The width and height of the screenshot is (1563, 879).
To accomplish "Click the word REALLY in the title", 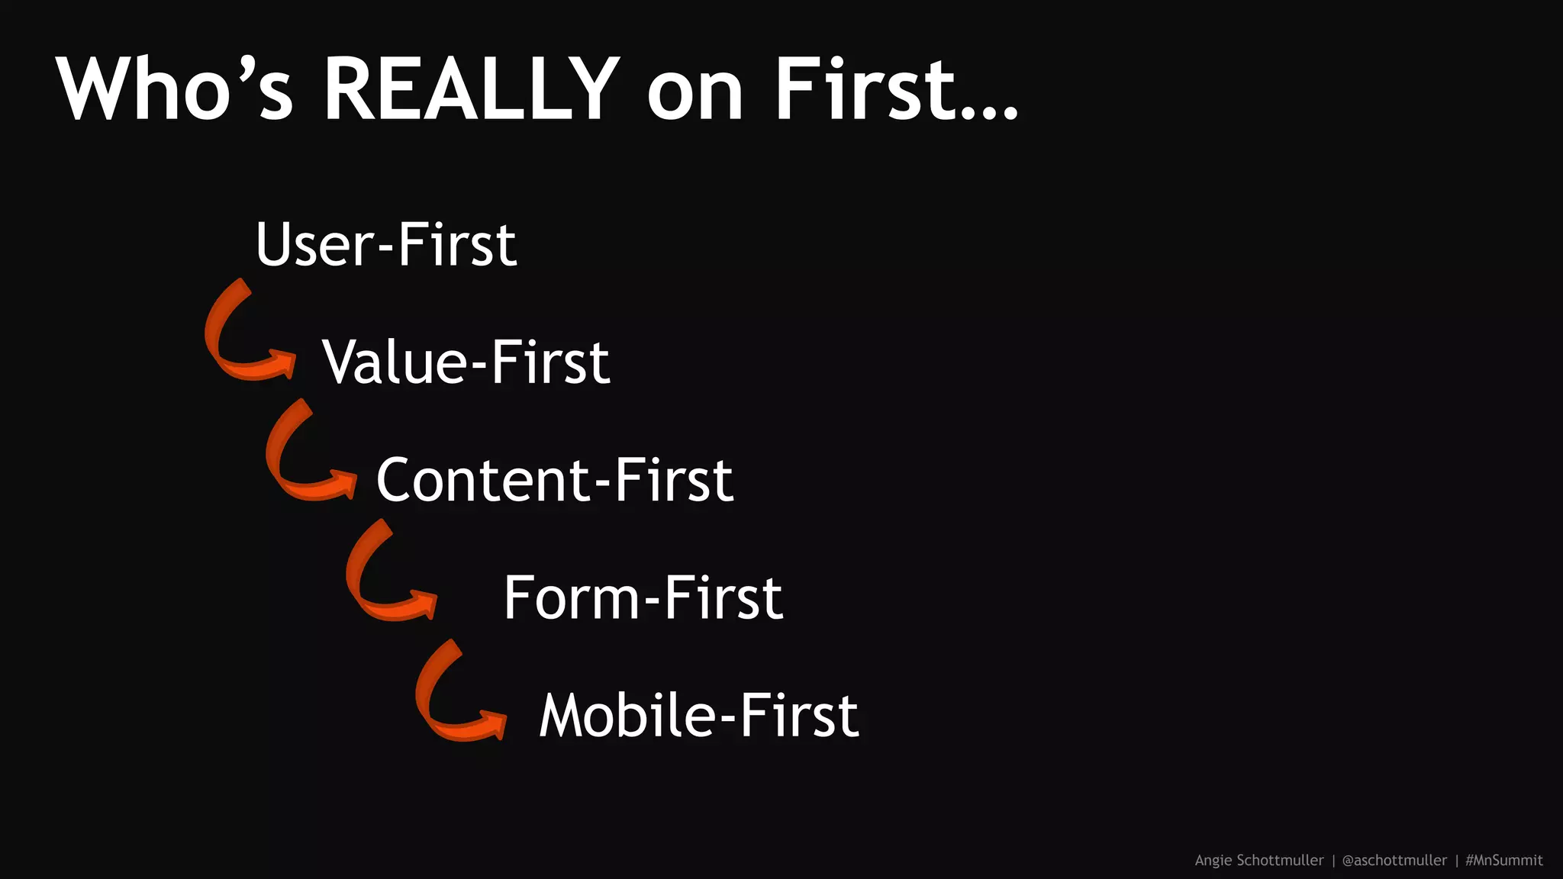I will point(470,89).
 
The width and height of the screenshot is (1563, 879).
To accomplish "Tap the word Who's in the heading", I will point(174,89).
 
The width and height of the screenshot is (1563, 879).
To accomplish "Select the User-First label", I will point(386,245).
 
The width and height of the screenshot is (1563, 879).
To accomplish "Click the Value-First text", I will point(466,362).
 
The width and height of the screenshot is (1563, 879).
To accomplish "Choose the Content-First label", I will point(555,480).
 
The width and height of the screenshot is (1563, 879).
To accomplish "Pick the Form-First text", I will point(643,597).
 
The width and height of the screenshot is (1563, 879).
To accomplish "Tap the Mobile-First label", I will point(699,716).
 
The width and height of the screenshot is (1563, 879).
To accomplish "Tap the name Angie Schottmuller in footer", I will point(1258,860).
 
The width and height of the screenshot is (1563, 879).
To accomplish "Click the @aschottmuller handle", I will point(1394,860).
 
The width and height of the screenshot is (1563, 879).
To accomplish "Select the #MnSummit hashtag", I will point(1503,860).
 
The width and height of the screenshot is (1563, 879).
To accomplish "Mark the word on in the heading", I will point(694,95).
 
